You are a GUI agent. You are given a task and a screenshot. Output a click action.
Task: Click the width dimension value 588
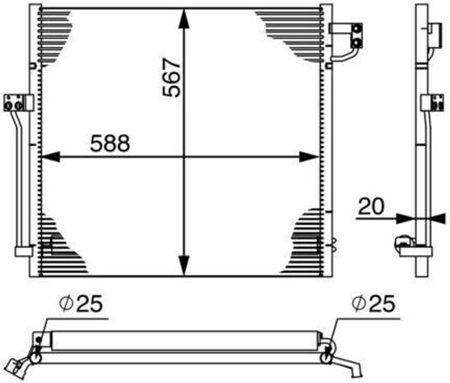tap(110, 143)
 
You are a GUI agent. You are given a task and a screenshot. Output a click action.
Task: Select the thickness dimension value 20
tap(371, 206)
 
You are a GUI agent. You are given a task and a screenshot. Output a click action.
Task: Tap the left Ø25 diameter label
tap(82, 304)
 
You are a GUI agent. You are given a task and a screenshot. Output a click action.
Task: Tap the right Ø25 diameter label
tap(373, 304)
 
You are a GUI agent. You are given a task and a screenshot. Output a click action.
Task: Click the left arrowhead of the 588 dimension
tap(49, 156)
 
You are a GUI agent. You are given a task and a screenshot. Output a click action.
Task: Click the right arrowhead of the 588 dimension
tap(309, 156)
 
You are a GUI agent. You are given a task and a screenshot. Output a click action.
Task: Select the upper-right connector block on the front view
tap(352, 35)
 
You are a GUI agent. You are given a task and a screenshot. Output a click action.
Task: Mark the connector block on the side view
tap(433, 102)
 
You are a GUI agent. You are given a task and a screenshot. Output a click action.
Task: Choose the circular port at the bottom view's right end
tap(326, 358)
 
